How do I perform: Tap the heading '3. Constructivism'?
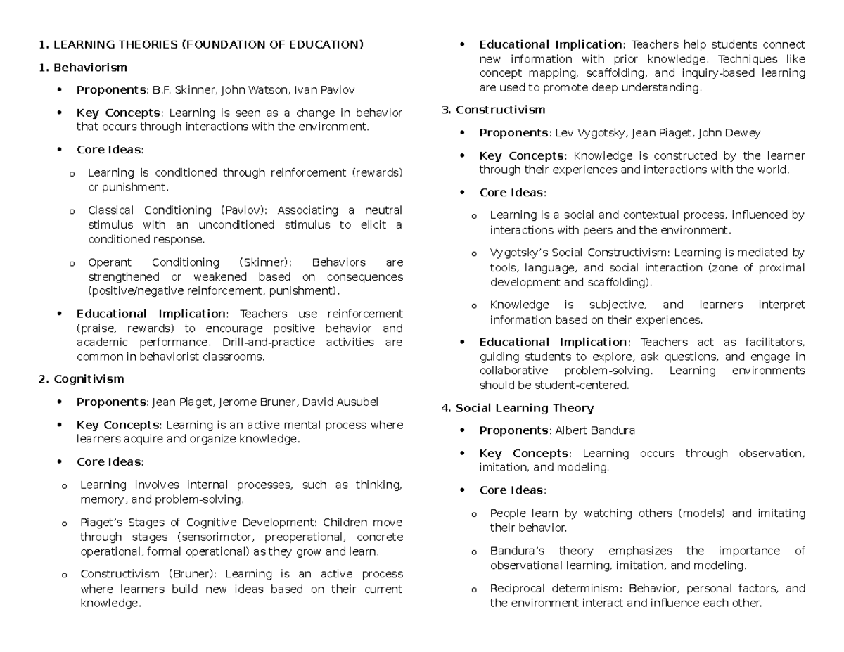click(492, 110)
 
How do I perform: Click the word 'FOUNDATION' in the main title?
click(222, 45)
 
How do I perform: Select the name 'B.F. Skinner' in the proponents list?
click(185, 90)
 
